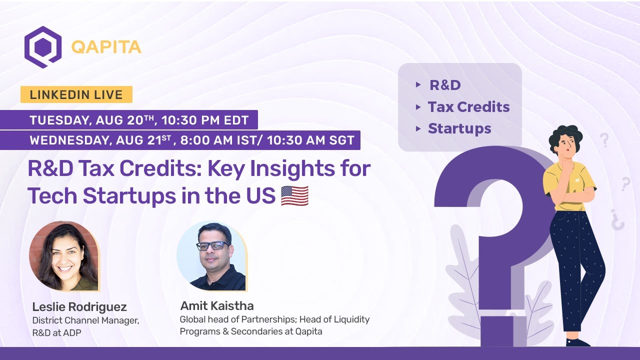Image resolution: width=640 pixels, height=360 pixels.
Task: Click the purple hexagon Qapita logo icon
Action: (x=43, y=47)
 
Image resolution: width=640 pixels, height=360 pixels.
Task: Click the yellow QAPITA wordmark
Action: (x=106, y=47)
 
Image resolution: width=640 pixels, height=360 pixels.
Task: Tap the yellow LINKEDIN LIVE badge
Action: (x=76, y=94)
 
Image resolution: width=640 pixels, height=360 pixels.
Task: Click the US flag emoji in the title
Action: (x=294, y=195)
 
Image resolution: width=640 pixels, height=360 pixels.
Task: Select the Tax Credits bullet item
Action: (x=468, y=107)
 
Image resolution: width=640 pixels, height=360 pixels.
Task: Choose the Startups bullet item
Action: (x=459, y=128)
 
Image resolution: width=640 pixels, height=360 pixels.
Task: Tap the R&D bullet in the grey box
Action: (x=445, y=85)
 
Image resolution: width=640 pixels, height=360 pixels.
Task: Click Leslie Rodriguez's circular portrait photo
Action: (x=63, y=256)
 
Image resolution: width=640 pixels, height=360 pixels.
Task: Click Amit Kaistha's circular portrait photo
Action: (x=211, y=255)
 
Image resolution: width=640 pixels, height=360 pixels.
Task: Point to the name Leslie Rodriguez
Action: (x=79, y=306)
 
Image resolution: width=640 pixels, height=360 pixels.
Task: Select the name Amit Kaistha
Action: (x=216, y=305)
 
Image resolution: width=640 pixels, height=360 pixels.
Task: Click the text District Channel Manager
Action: (x=85, y=320)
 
